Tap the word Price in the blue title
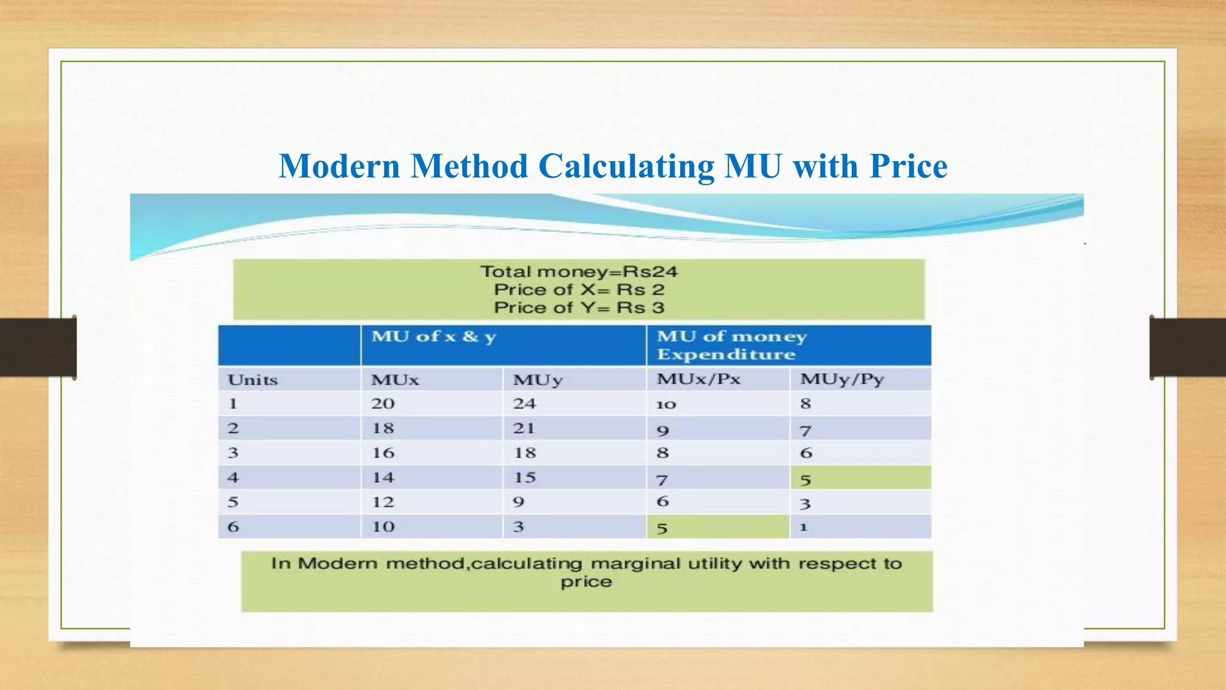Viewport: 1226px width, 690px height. pos(908,166)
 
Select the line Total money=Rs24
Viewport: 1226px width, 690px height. pos(579,272)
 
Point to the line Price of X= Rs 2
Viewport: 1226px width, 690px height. pos(579,290)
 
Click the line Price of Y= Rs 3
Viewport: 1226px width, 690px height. pos(579,308)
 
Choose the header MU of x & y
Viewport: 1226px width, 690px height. pos(434,337)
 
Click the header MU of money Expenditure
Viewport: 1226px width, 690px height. pos(732,345)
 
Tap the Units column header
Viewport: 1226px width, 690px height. pos(253,380)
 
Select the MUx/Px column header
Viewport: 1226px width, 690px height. pos(699,379)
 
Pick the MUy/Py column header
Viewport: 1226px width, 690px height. pos(842,379)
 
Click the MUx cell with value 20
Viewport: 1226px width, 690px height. pos(383,404)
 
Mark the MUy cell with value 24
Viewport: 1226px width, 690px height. pos(524,404)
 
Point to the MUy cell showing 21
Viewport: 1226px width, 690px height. pos(524,428)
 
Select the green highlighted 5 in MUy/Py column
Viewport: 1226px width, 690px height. pos(806,480)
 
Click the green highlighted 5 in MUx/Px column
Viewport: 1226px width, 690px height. pos(662,528)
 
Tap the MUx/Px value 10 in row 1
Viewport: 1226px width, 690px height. pos(666,405)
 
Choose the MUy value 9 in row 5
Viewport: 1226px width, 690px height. pos(518,502)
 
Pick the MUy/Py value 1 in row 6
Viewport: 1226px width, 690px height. pos(804,527)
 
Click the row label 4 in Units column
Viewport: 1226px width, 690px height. pos(233,478)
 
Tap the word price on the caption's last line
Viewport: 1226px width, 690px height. pos(587,582)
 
